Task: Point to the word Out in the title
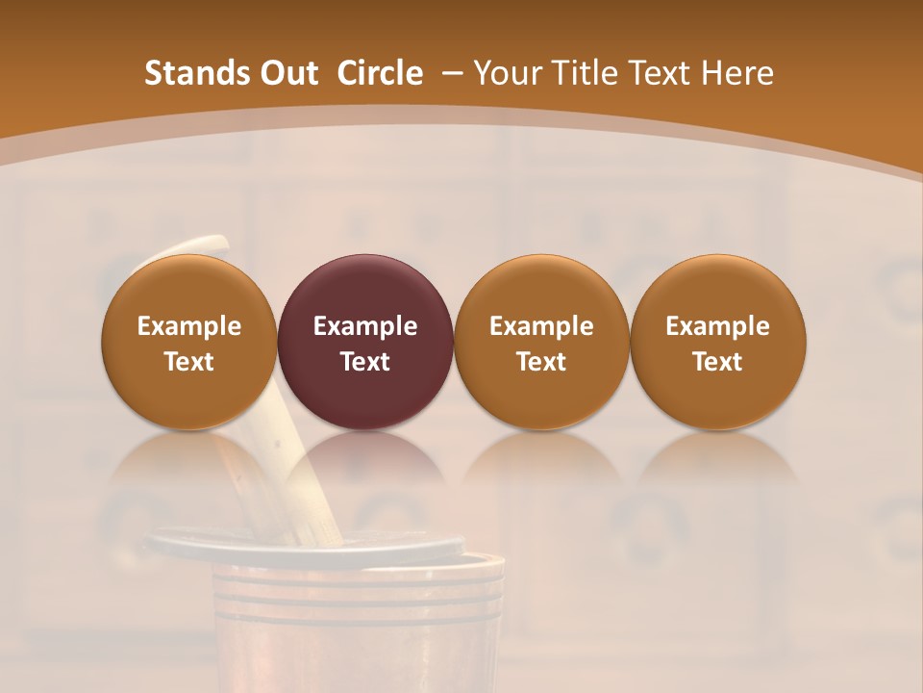click(x=287, y=73)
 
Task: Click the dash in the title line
click(x=451, y=73)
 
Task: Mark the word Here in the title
click(x=738, y=73)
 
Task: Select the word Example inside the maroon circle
click(x=365, y=326)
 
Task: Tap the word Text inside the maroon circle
click(x=365, y=362)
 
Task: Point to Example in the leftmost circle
click(x=188, y=326)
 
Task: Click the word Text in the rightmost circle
click(x=717, y=362)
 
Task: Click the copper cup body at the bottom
click(x=356, y=635)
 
